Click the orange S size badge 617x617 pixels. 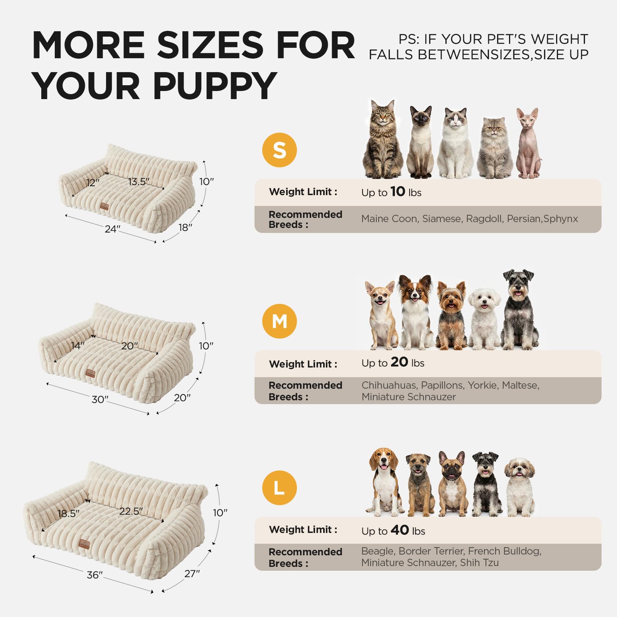(280, 150)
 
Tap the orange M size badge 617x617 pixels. (280, 321)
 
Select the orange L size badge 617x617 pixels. (280, 488)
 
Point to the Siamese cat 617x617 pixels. (420, 142)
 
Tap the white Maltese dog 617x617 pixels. (484, 319)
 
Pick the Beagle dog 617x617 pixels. (385, 482)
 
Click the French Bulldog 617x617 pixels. (452, 484)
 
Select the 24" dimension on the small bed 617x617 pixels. (113, 229)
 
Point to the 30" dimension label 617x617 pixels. (100, 400)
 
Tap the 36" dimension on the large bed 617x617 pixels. (95, 575)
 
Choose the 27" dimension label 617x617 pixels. (192, 574)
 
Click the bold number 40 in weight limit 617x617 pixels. (400, 530)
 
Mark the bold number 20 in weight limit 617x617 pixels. (399, 362)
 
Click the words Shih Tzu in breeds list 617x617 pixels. (479, 563)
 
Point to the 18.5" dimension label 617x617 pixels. (68, 514)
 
